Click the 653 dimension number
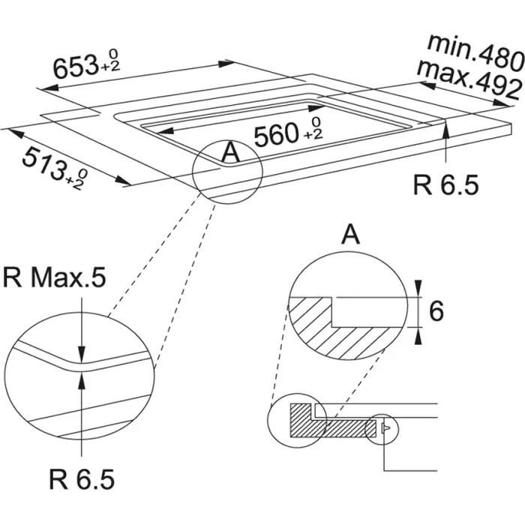(x=73, y=68)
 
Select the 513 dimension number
(x=40, y=160)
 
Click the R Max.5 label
(x=54, y=278)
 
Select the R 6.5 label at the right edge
(x=445, y=184)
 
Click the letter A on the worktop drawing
(x=231, y=153)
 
